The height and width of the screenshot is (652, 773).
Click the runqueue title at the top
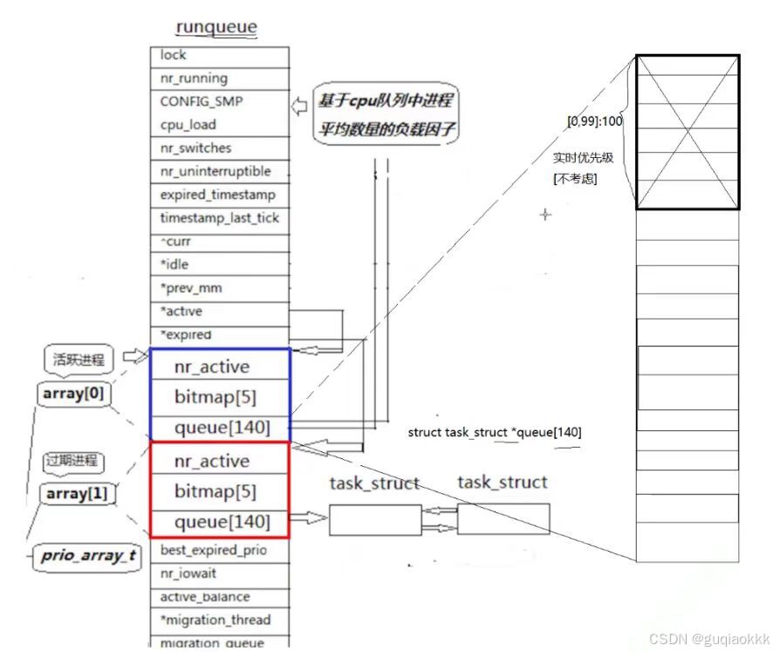point(216,28)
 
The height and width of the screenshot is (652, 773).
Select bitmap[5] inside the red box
point(215,491)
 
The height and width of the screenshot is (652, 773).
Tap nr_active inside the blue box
point(211,367)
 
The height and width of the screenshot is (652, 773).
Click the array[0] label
point(72,394)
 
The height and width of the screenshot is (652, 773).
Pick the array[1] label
point(78,494)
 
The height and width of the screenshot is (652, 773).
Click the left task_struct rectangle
point(374,519)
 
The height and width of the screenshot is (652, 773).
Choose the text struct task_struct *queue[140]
point(495,433)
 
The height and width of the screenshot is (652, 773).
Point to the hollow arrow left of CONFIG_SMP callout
point(300,106)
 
